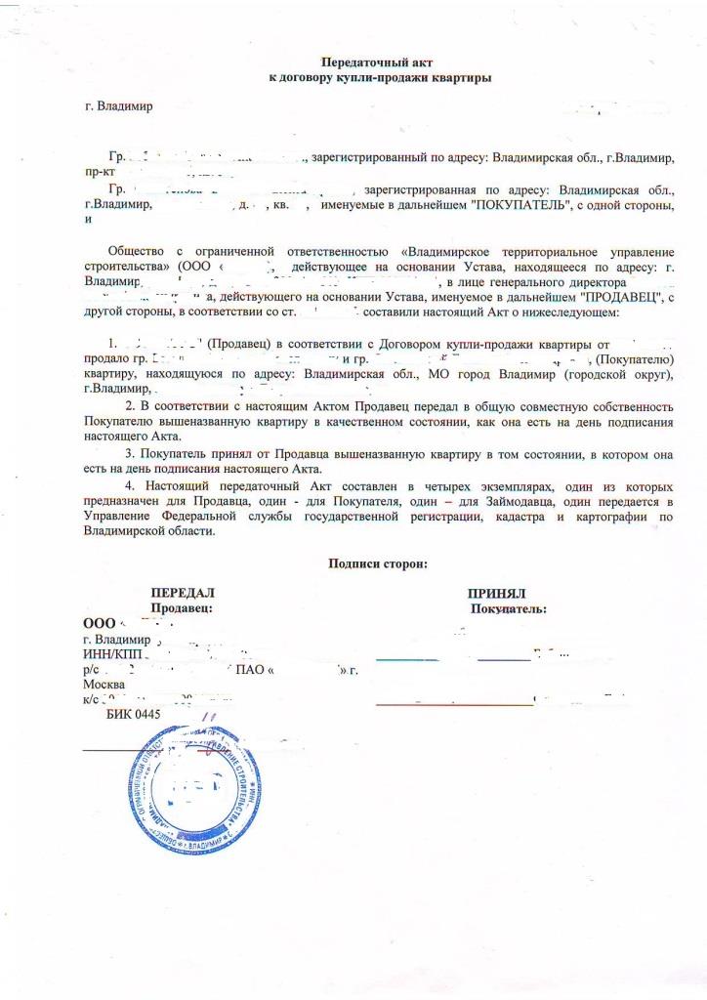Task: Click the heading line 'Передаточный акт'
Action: click(x=380, y=61)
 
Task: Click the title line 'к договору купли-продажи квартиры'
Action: click(x=380, y=75)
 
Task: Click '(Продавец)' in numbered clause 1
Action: click(x=240, y=344)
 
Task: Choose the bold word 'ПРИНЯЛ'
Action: click(x=497, y=593)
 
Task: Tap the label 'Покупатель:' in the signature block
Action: click(x=508, y=608)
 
